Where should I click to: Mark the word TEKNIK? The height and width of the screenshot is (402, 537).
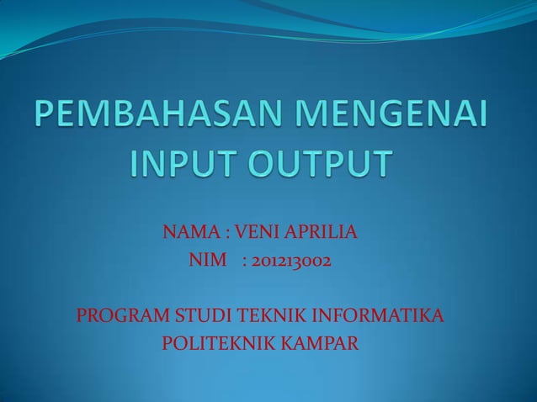pos(267,317)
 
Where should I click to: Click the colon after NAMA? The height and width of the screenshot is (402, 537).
pos(227,231)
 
